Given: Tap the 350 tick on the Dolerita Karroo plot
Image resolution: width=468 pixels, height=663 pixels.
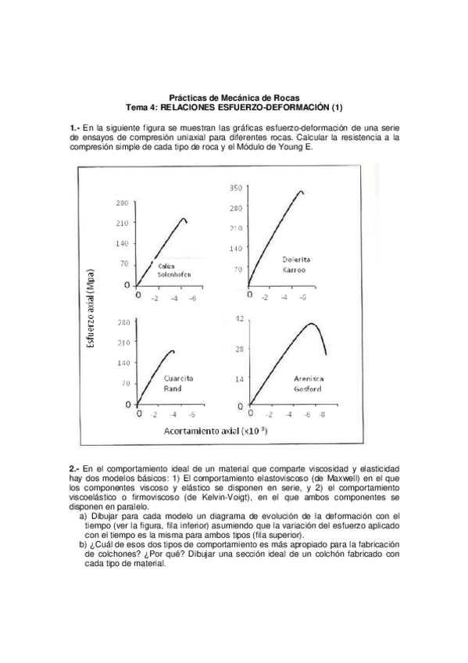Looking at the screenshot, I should click(235, 188).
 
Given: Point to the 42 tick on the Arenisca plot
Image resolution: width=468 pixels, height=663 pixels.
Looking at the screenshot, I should click(241, 318).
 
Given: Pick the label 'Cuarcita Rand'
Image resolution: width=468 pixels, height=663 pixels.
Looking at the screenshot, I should click(178, 383).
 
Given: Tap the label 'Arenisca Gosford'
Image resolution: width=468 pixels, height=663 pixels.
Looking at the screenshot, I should click(308, 383).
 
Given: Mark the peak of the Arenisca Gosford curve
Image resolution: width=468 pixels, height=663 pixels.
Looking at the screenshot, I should click(311, 323).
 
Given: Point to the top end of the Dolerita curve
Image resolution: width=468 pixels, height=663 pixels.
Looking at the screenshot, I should click(302, 191).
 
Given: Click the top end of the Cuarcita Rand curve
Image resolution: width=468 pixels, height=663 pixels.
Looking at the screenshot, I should click(172, 350).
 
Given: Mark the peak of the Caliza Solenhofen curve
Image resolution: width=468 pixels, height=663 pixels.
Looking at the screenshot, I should click(184, 219).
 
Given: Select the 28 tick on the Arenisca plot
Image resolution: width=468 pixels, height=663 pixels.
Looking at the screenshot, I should click(241, 349).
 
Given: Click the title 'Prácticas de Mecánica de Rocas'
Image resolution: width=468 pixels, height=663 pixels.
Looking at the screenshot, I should click(234, 96).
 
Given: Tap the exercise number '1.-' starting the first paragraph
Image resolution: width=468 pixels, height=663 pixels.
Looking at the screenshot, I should click(75, 127).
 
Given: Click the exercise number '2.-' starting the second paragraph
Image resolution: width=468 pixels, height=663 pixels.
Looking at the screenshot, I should click(75, 467).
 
